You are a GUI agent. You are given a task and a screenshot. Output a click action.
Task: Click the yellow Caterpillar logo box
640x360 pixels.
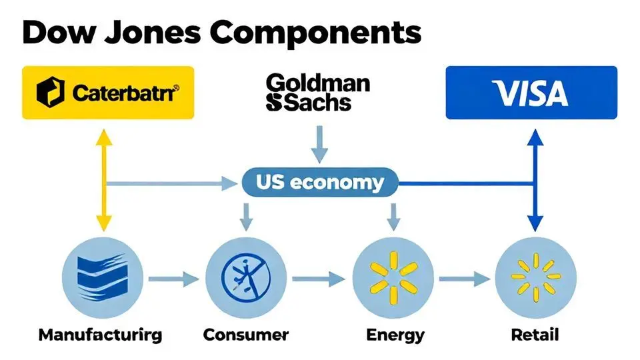(108, 92)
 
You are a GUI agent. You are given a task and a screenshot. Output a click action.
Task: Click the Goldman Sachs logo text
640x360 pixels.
(317, 93)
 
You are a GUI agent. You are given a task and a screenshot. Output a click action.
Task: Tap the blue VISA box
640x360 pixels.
(531, 93)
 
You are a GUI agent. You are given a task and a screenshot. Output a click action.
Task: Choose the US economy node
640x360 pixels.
(319, 183)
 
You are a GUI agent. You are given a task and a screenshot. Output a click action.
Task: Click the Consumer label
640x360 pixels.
(246, 334)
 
